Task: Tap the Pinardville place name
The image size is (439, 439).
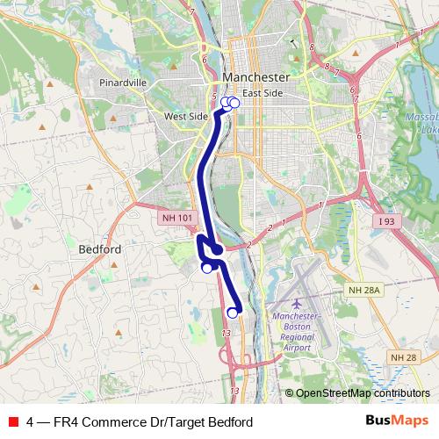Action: click(x=123, y=83)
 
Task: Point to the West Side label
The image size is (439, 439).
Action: click(x=185, y=116)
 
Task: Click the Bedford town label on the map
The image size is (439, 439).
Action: click(x=99, y=249)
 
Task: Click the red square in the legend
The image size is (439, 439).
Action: click(x=12, y=422)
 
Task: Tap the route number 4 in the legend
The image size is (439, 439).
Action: click(x=31, y=422)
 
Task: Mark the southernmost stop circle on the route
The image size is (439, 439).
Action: click(x=233, y=313)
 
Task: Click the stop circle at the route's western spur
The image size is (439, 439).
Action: click(x=207, y=269)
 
